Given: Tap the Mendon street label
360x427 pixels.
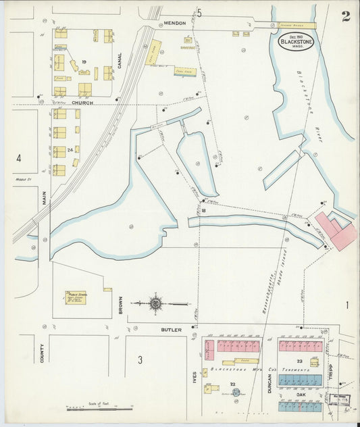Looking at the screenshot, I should (x=174, y=23).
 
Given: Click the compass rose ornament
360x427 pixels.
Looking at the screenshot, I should (x=155, y=303).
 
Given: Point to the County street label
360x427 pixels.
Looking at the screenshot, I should (x=43, y=351).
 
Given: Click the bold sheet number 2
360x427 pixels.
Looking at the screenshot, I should (x=345, y=17).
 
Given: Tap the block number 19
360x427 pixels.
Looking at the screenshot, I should (x=84, y=62).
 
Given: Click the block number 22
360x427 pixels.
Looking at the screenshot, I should (x=234, y=384).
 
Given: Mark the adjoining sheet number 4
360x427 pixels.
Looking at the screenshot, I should (x=20, y=159).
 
